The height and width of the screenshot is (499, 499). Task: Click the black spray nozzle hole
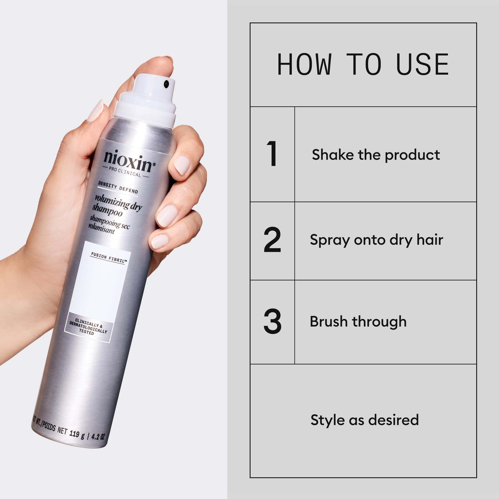[x=166, y=84]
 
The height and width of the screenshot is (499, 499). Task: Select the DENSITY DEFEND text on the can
[x=118, y=187]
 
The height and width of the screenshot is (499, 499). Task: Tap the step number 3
[x=272, y=321]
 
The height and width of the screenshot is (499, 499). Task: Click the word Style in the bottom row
[x=327, y=420]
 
